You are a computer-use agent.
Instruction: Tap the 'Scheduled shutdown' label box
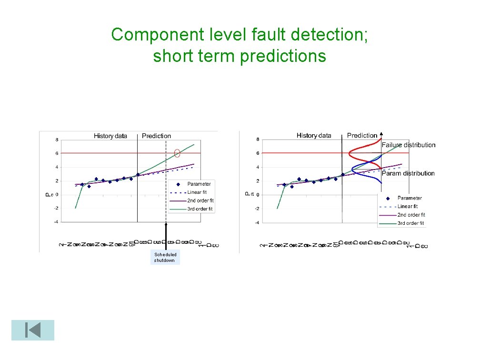pyautogui.click(x=165, y=258)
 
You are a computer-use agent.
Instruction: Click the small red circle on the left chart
pyautogui.click(x=177, y=153)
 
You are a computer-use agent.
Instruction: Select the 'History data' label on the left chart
pyautogui.click(x=110, y=136)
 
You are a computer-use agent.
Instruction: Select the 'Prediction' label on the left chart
pyautogui.click(x=156, y=136)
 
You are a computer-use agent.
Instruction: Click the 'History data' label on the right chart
pyautogui.click(x=314, y=136)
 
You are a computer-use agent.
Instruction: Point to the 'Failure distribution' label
pyautogui.click(x=408, y=145)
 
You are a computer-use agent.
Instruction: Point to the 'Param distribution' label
pyautogui.click(x=408, y=173)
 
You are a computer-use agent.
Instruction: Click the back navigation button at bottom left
pyautogui.click(x=33, y=330)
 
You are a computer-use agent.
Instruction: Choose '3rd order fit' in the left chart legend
pyautogui.click(x=200, y=209)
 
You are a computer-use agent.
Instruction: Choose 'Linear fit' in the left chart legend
pyautogui.click(x=197, y=192)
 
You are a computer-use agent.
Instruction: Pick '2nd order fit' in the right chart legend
pyautogui.click(x=411, y=215)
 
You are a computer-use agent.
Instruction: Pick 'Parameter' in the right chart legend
pyautogui.click(x=410, y=198)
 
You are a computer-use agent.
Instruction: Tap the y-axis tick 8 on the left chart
pyautogui.click(x=56, y=140)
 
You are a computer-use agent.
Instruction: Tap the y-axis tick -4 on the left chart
pyautogui.click(x=56, y=222)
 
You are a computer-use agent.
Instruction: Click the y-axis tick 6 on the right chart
pyautogui.click(x=258, y=153)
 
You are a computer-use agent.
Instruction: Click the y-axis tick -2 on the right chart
pyautogui.click(x=257, y=209)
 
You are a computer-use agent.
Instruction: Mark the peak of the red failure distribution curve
pyautogui.click(x=350, y=153)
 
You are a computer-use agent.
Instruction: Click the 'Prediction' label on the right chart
pyautogui.click(x=362, y=136)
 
